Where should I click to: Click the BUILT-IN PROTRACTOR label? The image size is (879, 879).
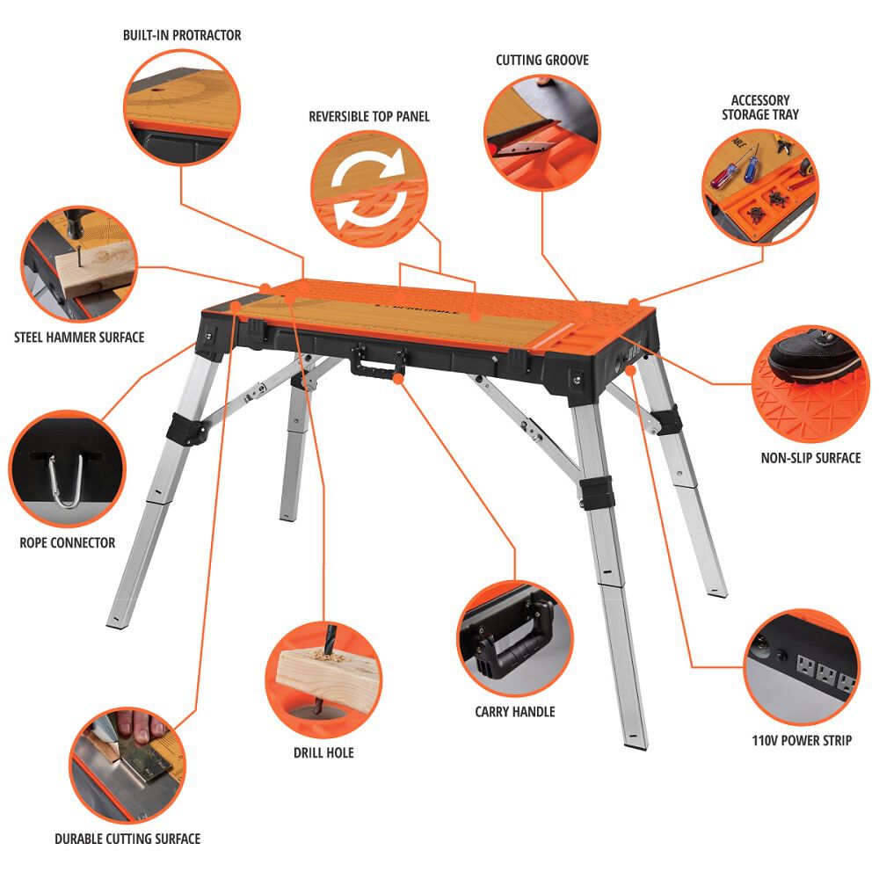tap(182, 35)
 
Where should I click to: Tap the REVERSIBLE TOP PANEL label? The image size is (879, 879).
tap(369, 116)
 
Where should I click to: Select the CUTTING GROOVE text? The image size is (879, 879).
tap(542, 60)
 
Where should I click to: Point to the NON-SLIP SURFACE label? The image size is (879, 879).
tap(810, 458)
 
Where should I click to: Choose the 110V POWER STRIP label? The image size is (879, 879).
tap(801, 740)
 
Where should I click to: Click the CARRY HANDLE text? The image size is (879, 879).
tap(515, 711)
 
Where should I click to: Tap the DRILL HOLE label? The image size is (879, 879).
tap(323, 752)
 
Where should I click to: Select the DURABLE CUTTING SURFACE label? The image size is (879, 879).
tap(127, 839)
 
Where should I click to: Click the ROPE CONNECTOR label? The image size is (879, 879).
tap(68, 542)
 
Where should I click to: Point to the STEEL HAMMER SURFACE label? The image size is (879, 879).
tap(79, 337)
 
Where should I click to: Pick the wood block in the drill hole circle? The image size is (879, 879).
tap(325, 677)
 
